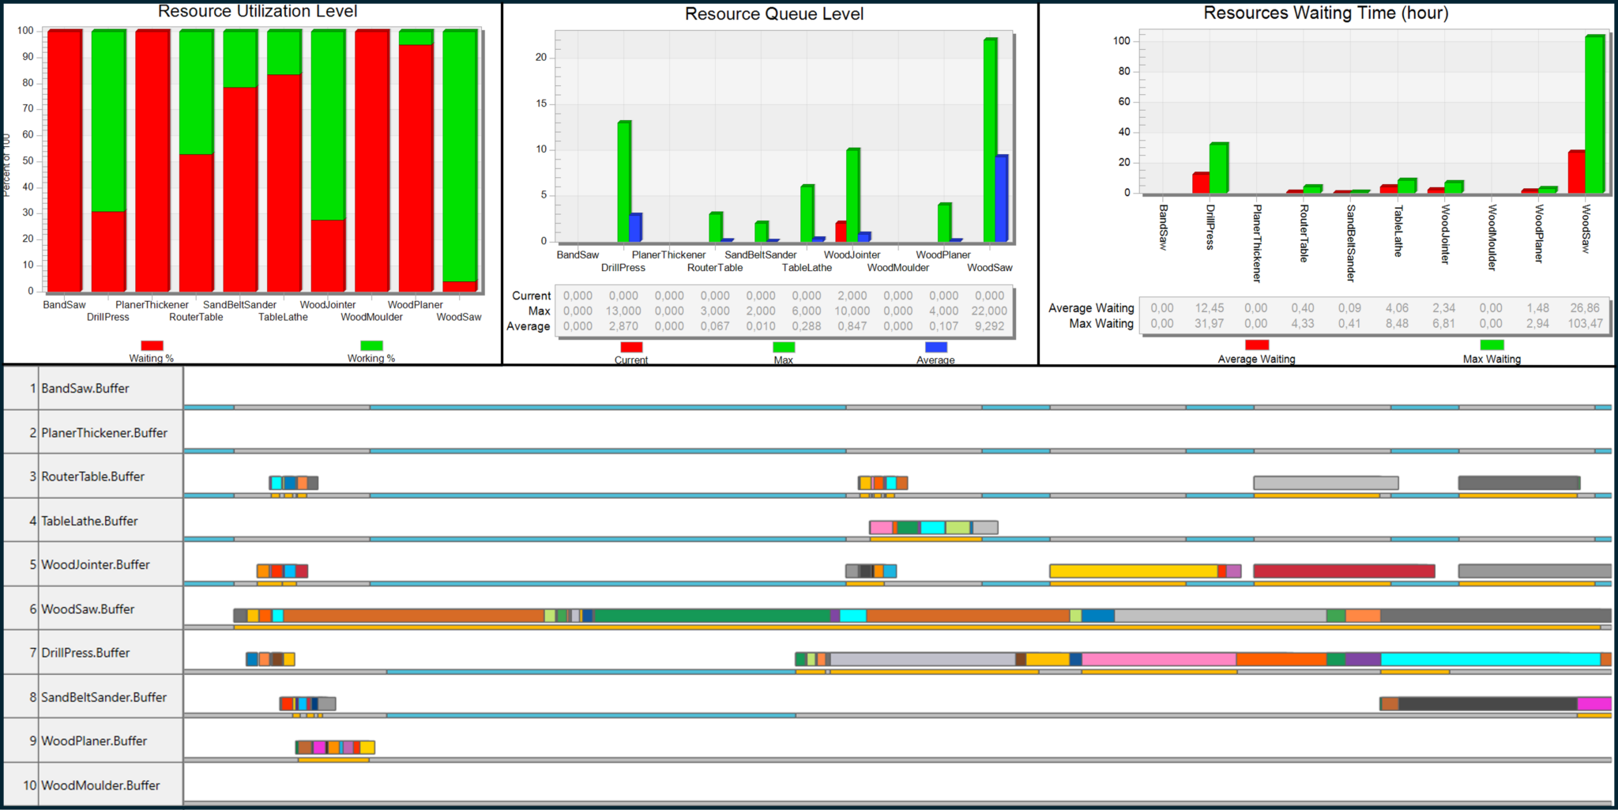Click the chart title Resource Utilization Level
[x=258, y=11]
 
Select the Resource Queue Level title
[x=773, y=14]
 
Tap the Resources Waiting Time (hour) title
[x=1325, y=13]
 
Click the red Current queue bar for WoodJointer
[x=841, y=232]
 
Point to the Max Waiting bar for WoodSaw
[x=1594, y=114]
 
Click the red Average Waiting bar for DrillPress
[x=1201, y=183]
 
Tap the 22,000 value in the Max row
[x=989, y=311]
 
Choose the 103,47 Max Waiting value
[x=1585, y=323]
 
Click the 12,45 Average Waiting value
[x=1209, y=308]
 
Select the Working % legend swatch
[x=371, y=345]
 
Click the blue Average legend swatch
[x=935, y=347]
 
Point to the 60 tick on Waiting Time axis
[x=1123, y=102]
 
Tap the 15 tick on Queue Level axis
[x=541, y=104]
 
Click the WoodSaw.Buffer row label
[x=88, y=609]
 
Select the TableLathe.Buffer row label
[x=89, y=522]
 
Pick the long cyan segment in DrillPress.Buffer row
[x=1490, y=659]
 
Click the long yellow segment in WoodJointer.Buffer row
[x=1133, y=571]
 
